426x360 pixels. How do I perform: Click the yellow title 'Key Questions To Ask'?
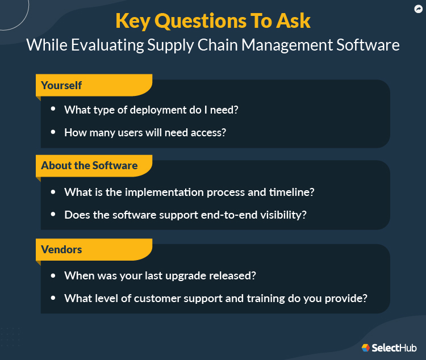click(213, 20)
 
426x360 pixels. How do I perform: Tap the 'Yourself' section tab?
click(61, 85)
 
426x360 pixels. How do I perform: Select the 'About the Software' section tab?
click(89, 166)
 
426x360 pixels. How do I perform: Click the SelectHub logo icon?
click(366, 347)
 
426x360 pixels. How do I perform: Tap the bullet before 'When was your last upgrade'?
click(53, 275)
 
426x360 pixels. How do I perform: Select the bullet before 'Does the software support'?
click(53, 215)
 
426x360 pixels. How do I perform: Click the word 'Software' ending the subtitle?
click(372, 45)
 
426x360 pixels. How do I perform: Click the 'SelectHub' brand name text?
click(393, 348)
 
